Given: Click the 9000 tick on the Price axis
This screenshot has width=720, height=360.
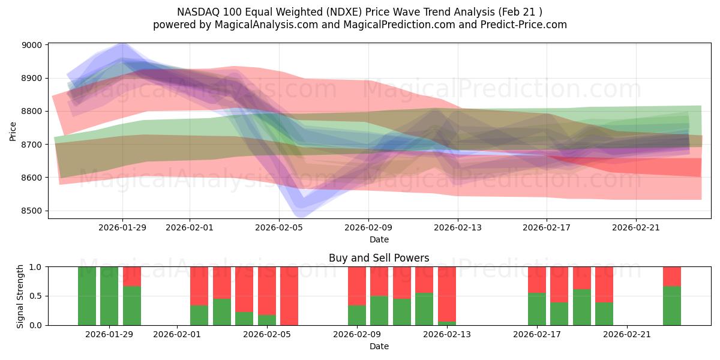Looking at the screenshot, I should point(33,45).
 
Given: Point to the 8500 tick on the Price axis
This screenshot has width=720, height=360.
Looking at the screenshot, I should point(33,211).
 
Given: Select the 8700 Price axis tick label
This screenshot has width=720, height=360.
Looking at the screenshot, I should point(33,145).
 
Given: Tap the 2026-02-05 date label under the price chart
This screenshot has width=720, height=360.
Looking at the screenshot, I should point(279,227).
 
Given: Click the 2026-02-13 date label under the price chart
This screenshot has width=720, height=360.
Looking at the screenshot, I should point(458,227).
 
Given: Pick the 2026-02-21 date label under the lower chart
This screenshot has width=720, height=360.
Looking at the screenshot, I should point(626,334).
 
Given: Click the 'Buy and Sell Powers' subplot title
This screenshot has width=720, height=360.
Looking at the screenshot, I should point(379,258).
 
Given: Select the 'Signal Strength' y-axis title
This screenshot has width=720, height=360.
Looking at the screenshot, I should point(20,296).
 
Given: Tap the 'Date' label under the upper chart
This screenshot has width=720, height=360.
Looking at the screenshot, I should point(379,239).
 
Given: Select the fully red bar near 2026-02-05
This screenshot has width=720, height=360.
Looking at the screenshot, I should point(289,296).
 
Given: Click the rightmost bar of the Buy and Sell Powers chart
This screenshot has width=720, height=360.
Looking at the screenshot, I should point(672,296).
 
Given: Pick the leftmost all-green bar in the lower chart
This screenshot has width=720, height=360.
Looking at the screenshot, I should point(87,296).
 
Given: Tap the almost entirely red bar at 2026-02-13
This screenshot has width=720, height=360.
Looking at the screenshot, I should point(447,294).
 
